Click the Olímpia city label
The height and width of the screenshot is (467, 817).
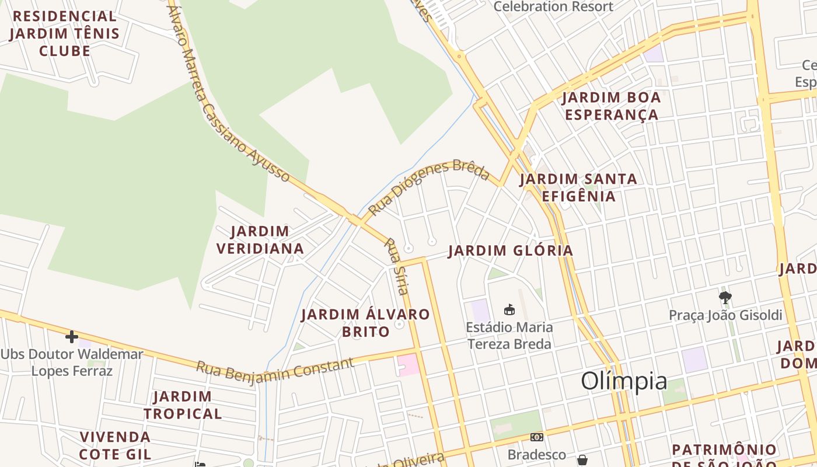[x=624, y=381]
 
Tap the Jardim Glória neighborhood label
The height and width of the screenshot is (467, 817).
[x=511, y=251]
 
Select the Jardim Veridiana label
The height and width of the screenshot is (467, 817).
[x=260, y=240]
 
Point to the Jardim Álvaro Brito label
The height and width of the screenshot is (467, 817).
[x=365, y=323]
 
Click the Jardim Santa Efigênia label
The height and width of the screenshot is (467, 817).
[x=578, y=187]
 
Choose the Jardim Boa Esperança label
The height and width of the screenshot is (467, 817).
[x=612, y=106]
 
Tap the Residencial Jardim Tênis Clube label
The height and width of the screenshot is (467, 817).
[x=65, y=33]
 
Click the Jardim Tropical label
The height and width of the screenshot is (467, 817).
[x=183, y=405]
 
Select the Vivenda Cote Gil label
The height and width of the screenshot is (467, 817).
[x=116, y=445]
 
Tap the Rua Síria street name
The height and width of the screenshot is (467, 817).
[x=397, y=266]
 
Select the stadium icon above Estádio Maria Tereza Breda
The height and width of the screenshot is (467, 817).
[x=509, y=309]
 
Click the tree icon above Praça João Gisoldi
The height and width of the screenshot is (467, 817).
[x=725, y=298]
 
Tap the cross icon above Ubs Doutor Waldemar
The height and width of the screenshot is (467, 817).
[x=72, y=337]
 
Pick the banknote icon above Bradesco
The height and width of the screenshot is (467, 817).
[x=537, y=437]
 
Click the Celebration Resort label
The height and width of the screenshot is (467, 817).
[x=553, y=6]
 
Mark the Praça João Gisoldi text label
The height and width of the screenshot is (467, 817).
[x=725, y=315]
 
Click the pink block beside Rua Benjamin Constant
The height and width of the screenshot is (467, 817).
[x=408, y=365]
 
